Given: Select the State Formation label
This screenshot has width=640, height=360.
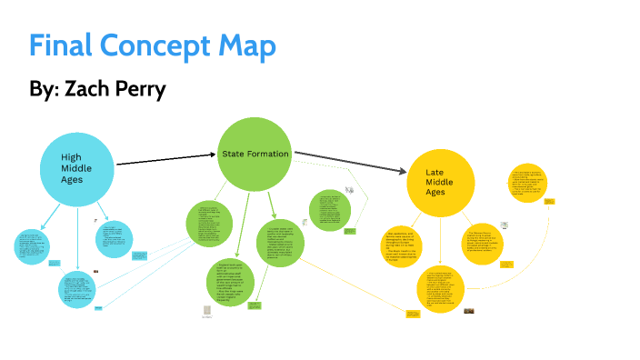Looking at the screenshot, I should coord(255,155).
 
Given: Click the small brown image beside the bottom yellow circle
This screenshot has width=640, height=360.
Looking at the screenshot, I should coord(470,311).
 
